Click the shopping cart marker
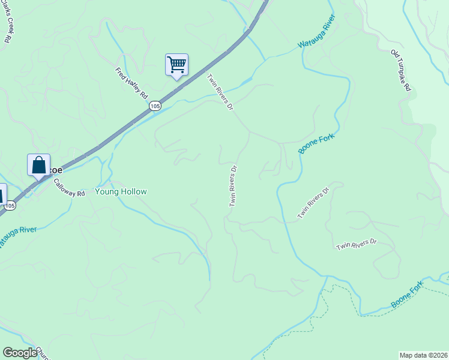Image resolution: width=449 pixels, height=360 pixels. point(176,65)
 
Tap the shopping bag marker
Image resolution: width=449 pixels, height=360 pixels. point(38,165)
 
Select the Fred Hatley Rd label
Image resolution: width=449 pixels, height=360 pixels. point(132,83)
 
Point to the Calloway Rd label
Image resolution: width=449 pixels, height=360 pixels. point(68,188)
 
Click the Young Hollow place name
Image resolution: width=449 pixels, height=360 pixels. point(121,192)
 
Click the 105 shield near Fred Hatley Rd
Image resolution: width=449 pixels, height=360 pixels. point(155,106)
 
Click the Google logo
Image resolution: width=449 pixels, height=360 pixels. point(20,353)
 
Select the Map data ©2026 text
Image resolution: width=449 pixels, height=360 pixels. point(423,355)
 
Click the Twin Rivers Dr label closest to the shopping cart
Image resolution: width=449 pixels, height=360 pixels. point(220,92)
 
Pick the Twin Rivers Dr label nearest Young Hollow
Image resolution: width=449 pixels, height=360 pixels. point(233,186)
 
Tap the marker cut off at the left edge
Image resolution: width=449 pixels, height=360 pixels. point(2,194)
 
